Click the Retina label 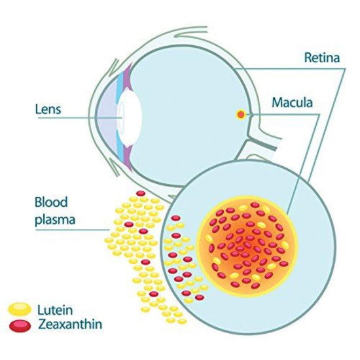pyautogui.click(x=321, y=58)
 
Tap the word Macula pyautogui.click(x=292, y=102)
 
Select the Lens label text pyautogui.click(x=48, y=109)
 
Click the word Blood pyautogui.click(x=51, y=202)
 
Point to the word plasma pyautogui.click(x=55, y=220)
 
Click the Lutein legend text pyautogui.click(x=55, y=310)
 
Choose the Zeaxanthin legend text pyautogui.click(x=70, y=324)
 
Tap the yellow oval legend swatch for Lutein pyautogui.click(x=20, y=309)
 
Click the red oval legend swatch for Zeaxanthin pyautogui.click(x=20, y=325)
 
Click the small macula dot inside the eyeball pyautogui.click(x=241, y=114)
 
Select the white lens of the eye pyautogui.click(x=129, y=117)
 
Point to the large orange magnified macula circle pyautogui.click(x=247, y=246)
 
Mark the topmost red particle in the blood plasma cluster pyautogui.click(x=141, y=194)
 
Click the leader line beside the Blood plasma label pyautogui.click(x=72, y=229)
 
